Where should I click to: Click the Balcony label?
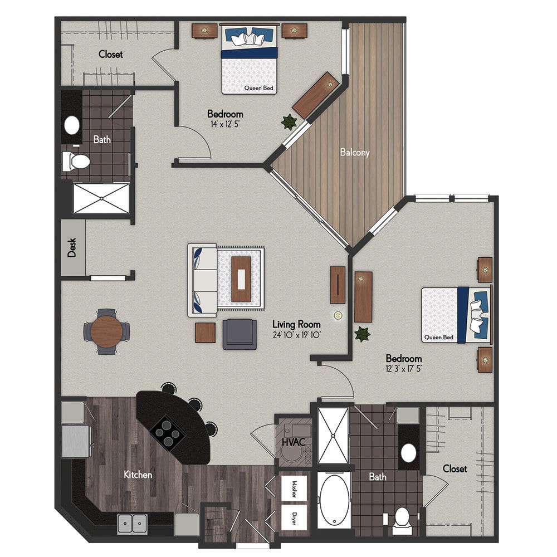(354, 153)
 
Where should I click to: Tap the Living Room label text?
(296, 324)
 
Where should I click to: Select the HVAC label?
(294, 442)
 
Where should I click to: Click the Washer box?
(294, 489)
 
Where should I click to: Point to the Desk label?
(72, 248)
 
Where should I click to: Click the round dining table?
(106, 331)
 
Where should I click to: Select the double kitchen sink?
(133, 524)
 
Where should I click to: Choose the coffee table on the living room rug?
(241, 279)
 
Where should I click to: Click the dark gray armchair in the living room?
(240, 334)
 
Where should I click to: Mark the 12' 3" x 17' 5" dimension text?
(403, 369)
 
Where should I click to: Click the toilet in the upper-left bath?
(76, 162)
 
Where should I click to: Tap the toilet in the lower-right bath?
(402, 520)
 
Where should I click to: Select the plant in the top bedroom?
(289, 122)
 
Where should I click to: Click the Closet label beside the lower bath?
(455, 469)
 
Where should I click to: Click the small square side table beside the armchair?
(206, 333)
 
